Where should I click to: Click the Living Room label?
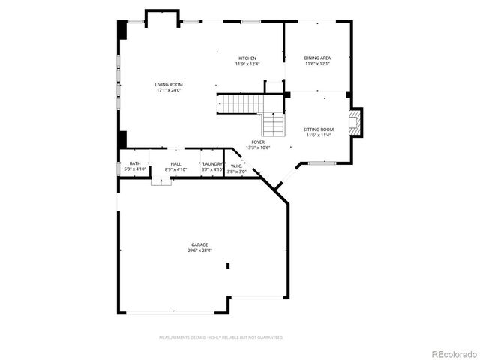[169, 85]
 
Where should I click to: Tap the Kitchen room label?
[247, 58]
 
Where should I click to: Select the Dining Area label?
[317, 58]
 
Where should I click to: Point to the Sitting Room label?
[319, 130]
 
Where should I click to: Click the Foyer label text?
[257, 142]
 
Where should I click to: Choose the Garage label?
[199, 244]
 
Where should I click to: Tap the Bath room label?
[135, 163]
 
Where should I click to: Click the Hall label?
[175, 163]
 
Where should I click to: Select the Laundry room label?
[212, 163]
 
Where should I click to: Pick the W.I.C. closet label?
[236, 166]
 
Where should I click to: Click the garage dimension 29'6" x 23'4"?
[199, 250]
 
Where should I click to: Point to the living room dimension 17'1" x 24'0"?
[169, 91]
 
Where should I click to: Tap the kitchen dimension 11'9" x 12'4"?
[247, 64]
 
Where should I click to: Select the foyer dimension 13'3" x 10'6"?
[257, 148]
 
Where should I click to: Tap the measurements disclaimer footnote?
[221, 337]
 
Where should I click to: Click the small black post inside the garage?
[228, 265]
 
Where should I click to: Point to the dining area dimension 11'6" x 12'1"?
[317, 64]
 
